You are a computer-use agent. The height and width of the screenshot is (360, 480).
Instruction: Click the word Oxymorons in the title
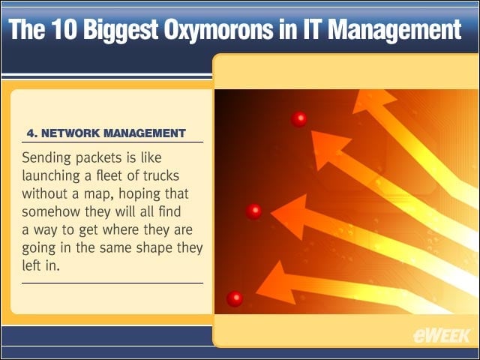tap(218, 31)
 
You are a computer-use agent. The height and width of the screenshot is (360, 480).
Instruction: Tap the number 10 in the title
tap(64, 29)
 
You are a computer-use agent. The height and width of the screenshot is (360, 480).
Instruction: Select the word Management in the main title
tap(394, 31)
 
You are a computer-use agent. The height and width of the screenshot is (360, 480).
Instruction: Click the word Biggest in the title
tap(120, 31)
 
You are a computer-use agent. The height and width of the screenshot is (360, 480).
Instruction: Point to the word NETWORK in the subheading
tap(70, 133)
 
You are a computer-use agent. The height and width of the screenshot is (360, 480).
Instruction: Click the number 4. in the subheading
tap(31, 133)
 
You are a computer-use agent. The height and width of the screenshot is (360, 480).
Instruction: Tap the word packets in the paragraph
tap(98, 158)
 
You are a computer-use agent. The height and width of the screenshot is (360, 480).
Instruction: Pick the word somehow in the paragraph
tap(51, 211)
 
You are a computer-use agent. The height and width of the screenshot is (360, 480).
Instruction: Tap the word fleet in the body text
tap(106, 175)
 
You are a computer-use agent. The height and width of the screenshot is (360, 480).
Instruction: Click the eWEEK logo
tap(442, 336)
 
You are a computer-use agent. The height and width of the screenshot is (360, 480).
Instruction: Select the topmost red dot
tap(298, 118)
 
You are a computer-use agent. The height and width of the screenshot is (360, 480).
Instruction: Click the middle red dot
tap(253, 211)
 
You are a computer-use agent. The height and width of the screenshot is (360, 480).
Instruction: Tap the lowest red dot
tap(235, 299)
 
